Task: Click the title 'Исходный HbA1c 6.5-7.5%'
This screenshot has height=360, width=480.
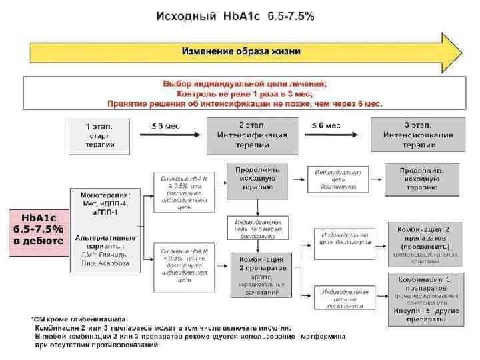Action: pyautogui.click(x=235, y=16)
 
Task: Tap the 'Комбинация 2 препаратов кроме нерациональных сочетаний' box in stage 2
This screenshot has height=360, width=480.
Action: pyautogui.click(x=257, y=273)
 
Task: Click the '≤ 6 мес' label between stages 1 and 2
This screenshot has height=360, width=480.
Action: pyautogui.click(x=165, y=125)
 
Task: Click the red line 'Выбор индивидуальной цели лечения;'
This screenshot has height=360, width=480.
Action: pyautogui.click(x=245, y=84)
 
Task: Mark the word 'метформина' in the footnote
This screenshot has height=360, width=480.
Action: pyautogui.click(x=323, y=337)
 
